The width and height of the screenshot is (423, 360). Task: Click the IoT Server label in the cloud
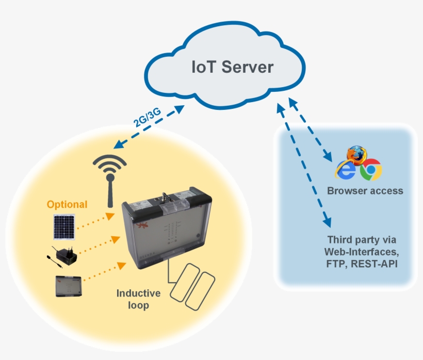232,68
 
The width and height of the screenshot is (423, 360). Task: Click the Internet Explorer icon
345,170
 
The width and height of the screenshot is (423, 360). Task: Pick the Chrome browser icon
370,170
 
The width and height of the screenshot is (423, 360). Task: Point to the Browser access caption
365,191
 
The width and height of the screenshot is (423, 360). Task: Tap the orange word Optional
67,204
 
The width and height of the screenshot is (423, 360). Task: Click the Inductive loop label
138,299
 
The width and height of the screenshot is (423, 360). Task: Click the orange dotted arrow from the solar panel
95,220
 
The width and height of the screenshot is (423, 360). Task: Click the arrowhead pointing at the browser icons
327,155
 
